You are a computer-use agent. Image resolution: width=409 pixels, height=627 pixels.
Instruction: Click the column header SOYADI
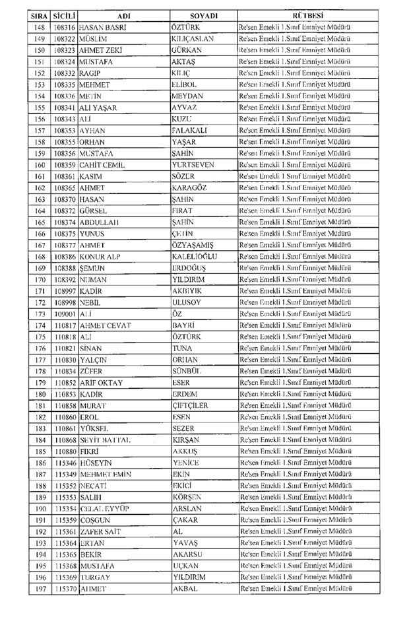tap(204, 15)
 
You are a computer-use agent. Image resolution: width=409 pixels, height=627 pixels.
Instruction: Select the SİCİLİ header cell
tap(65, 15)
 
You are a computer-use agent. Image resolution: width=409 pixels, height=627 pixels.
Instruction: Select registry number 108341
tap(65, 107)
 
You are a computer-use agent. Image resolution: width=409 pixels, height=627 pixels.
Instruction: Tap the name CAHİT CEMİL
tap(102, 164)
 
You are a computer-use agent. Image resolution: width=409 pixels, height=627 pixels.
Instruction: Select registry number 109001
tap(65, 313)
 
